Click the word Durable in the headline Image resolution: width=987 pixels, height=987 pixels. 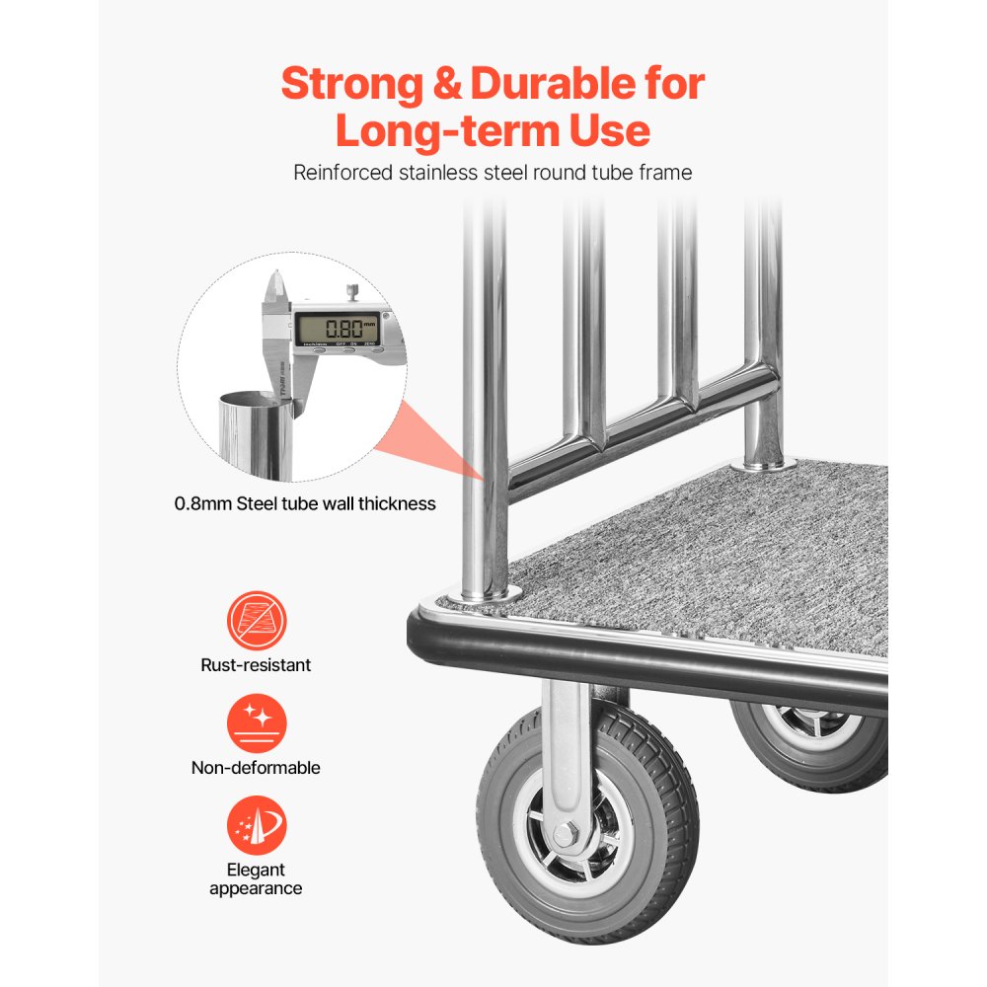point(551,84)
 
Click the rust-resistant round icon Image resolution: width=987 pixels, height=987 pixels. point(257,620)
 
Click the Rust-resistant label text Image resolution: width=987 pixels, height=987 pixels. point(256,665)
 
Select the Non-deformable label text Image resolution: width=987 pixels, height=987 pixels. point(256,767)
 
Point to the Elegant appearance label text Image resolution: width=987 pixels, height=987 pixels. point(256,878)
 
